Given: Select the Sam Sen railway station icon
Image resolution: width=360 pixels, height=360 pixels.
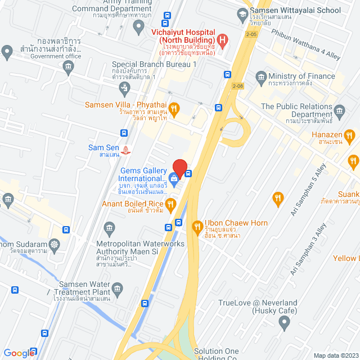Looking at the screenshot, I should (x=127, y=150).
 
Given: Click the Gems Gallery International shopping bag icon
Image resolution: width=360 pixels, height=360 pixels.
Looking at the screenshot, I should (x=174, y=180).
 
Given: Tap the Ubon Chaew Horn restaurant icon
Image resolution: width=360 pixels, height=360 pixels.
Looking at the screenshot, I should (x=197, y=227).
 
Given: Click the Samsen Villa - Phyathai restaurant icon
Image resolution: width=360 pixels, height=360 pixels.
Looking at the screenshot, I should (x=174, y=109).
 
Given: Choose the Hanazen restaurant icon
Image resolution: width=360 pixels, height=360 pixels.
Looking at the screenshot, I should (x=350, y=135).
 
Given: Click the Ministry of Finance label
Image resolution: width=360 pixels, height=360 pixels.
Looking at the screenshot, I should (x=301, y=76).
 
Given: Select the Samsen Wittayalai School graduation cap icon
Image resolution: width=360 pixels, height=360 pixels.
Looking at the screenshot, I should (x=242, y=13).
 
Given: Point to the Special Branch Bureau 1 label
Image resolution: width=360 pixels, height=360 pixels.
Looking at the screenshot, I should (x=154, y=65).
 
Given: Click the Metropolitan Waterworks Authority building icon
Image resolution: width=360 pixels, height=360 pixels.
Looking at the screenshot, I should (x=110, y=227).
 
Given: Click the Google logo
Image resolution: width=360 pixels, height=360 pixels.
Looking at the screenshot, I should (x=19, y=353).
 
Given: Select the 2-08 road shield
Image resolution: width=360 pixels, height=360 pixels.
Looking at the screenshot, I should (x=237, y=86).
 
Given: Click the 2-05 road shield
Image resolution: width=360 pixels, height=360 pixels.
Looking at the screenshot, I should (x=251, y=34).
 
